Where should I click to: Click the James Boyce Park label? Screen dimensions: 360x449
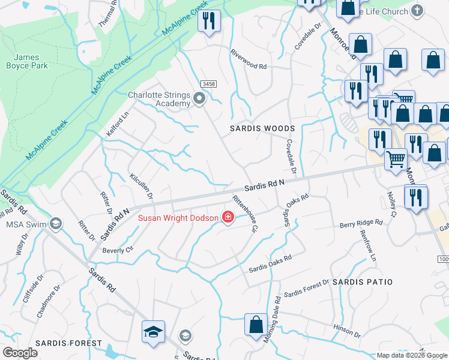[x=26, y=61]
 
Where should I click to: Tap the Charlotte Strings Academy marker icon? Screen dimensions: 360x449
[x=199, y=97]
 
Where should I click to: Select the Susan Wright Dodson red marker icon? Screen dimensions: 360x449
[x=228, y=217]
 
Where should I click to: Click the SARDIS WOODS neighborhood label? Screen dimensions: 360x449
[x=263, y=129]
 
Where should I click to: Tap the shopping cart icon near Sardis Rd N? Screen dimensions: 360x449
[x=396, y=160]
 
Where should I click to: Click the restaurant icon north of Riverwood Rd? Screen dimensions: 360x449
[x=209, y=22]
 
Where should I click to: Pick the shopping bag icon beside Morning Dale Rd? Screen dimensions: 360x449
[x=256, y=324]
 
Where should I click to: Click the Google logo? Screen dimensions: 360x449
[x=20, y=353]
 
